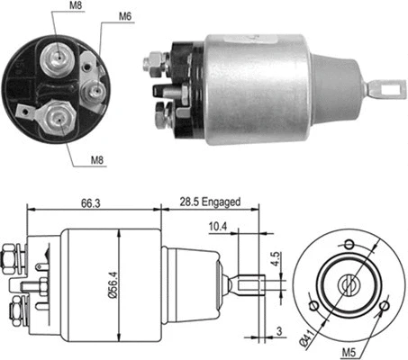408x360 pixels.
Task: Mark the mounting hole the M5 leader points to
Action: pyautogui.click(x=383, y=306)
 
